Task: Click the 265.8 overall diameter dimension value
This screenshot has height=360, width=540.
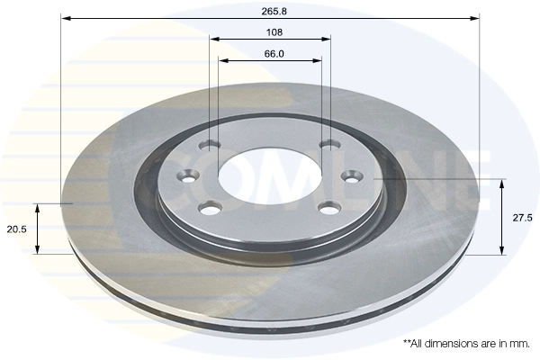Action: point(274,12)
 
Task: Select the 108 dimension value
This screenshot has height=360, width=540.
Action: point(274,32)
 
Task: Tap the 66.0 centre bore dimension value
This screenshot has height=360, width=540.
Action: point(274,54)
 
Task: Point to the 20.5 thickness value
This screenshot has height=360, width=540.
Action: point(16,229)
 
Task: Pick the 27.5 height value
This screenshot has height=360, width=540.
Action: point(522,218)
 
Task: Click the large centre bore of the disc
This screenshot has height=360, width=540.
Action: point(270,175)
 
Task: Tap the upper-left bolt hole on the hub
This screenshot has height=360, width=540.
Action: point(210,145)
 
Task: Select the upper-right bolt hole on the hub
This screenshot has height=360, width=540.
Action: point(330,145)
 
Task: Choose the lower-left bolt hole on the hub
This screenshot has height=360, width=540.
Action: point(210,208)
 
